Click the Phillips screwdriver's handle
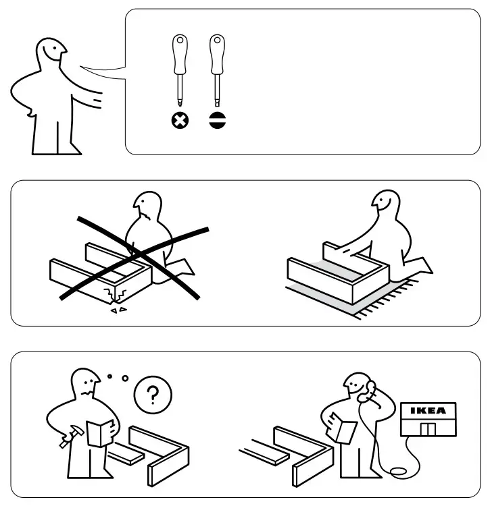tap(180, 55)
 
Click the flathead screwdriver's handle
tap(217, 55)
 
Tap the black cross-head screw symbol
tap(180, 121)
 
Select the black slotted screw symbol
tap(217, 121)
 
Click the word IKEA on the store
tap(428, 411)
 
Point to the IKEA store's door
tap(428, 429)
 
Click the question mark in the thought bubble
tap(153, 395)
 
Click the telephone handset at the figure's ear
tap(366, 391)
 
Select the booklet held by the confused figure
tap(100, 433)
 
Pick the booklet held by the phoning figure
tap(343, 428)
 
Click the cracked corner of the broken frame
tap(114, 295)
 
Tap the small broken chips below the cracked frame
tap(118, 310)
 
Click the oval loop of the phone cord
tap(400, 472)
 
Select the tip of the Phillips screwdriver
tap(180, 104)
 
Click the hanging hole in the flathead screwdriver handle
tap(217, 40)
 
